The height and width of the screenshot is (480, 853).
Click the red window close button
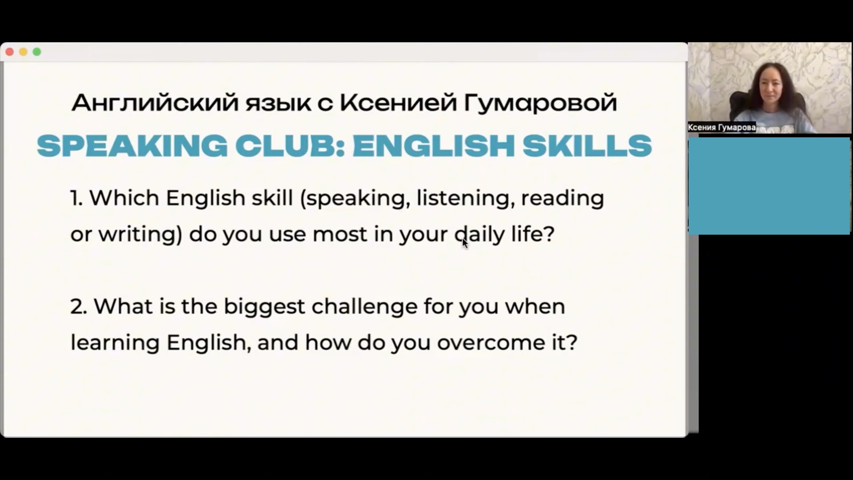9,52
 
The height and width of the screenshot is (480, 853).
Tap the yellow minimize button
23,52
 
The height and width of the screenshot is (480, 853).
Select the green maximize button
37,52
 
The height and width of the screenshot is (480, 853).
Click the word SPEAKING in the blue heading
132,146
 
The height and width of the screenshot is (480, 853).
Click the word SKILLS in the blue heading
587,146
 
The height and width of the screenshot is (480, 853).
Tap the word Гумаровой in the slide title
540,103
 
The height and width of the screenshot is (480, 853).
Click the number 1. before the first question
77,198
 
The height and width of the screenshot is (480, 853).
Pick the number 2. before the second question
79,307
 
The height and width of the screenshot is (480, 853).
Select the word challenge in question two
365,307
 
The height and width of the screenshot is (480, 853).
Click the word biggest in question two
264,307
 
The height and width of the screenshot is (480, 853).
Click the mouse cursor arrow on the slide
465,243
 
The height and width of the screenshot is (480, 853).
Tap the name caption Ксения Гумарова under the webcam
721,128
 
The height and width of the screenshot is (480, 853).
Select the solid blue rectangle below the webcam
769,186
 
